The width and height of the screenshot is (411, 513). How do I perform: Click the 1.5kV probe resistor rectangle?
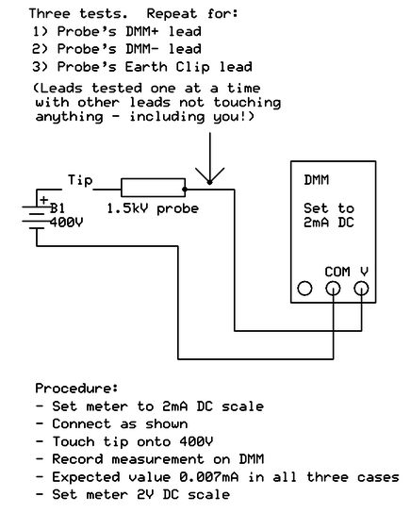point(153,188)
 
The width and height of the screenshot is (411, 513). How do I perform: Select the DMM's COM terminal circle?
point(333,289)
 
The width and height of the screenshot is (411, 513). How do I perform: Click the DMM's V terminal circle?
point(361,289)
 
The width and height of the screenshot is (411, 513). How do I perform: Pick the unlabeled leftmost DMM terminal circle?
point(304,289)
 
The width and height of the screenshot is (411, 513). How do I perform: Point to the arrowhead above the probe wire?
point(209,175)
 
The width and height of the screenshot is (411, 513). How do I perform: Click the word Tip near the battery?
point(80,180)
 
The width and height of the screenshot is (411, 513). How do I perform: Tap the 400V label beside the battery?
point(66,223)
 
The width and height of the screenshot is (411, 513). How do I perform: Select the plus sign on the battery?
point(44,200)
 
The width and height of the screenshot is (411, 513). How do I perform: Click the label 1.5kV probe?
point(153,208)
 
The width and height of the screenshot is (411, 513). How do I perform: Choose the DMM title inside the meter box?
point(316,180)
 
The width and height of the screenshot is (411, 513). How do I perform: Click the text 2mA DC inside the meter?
point(329,223)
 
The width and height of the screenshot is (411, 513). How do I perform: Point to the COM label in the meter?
point(337,272)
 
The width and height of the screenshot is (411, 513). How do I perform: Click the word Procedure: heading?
point(76,389)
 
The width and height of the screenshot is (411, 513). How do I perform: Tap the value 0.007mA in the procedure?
point(208,477)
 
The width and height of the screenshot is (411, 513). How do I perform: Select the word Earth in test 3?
point(146,67)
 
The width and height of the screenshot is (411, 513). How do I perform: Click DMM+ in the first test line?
point(142,32)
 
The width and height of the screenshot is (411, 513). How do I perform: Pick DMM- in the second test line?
point(142,49)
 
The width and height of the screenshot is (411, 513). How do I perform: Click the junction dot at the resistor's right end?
point(185,190)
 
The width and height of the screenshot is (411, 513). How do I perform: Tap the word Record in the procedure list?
point(77,459)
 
